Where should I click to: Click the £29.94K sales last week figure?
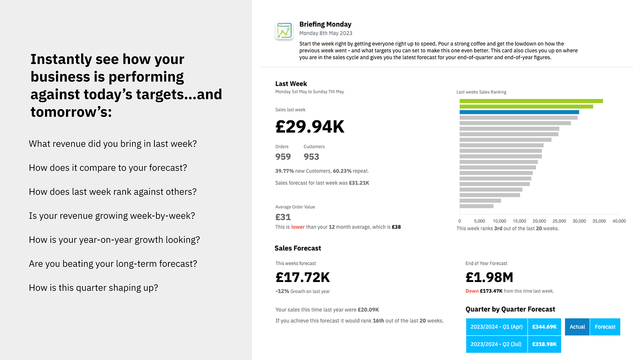(x=309, y=127)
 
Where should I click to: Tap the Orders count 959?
(x=283, y=157)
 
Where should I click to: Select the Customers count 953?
(x=312, y=157)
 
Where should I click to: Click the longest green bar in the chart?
(x=531, y=101)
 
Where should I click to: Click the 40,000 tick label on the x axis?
(x=618, y=220)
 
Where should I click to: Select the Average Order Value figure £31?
(x=283, y=217)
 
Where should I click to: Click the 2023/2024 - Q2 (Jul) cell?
(x=496, y=343)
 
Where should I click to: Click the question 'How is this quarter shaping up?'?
(x=93, y=288)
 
